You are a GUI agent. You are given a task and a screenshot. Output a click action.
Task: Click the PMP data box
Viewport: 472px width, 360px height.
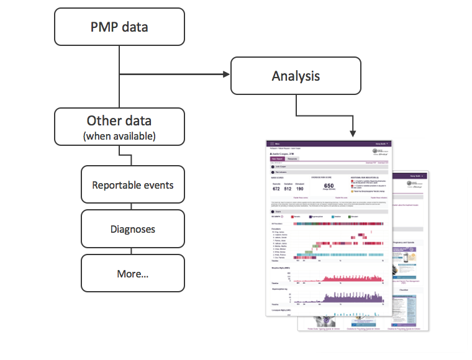(x=120, y=27)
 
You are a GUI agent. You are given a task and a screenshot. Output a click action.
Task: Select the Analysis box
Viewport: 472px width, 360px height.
(x=296, y=76)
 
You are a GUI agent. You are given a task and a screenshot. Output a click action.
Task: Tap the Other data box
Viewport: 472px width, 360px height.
(x=119, y=127)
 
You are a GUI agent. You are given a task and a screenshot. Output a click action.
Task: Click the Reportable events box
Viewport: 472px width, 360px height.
(x=132, y=185)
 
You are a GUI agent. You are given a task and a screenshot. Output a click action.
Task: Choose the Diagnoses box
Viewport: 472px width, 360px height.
(x=132, y=229)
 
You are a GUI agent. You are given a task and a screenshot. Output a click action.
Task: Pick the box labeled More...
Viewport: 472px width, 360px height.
(x=132, y=273)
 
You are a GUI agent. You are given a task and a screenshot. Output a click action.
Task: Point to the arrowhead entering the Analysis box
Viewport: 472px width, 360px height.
(x=226, y=75)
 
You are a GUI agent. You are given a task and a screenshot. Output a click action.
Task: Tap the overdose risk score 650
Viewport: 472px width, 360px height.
(x=329, y=186)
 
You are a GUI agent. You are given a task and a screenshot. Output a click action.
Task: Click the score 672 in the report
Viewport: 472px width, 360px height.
(x=277, y=189)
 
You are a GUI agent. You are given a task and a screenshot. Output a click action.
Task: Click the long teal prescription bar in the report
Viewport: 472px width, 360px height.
(x=348, y=254)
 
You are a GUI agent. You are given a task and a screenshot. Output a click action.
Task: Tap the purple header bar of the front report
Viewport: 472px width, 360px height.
(x=329, y=143)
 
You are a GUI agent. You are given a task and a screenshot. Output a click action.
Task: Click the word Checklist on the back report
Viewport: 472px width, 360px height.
(x=412, y=289)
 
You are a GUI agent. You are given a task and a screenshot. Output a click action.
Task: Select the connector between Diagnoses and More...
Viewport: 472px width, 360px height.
(x=132, y=251)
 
